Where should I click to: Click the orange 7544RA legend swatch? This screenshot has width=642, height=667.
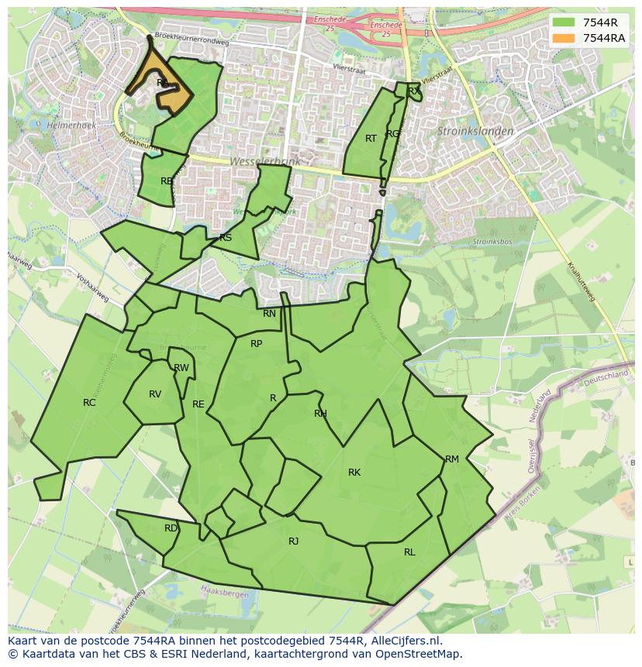[x=564, y=38]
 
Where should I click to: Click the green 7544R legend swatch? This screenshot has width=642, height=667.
[x=564, y=22]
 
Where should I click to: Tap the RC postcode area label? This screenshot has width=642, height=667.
[x=89, y=402]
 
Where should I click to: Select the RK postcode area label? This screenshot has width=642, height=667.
[x=354, y=472]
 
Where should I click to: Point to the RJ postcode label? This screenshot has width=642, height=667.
[x=293, y=541]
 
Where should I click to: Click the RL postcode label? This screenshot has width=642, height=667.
[x=409, y=552]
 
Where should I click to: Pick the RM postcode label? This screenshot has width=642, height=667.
[x=452, y=459]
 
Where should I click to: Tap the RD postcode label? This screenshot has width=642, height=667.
[x=171, y=528]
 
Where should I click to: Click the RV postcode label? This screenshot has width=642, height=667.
[x=155, y=394]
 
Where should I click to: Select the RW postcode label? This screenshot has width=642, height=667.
[x=181, y=367]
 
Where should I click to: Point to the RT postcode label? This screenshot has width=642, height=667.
[x=371, y=138]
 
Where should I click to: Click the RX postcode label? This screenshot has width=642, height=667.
[x=414, y=91]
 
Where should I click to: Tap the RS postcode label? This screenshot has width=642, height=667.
[x=226, y=237]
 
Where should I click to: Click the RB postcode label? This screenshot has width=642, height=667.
[x=167, y=181]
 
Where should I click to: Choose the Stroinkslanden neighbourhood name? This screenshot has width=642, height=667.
[x=475, y=131]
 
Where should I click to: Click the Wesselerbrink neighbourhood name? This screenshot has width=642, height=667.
[x=264, y=161]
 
